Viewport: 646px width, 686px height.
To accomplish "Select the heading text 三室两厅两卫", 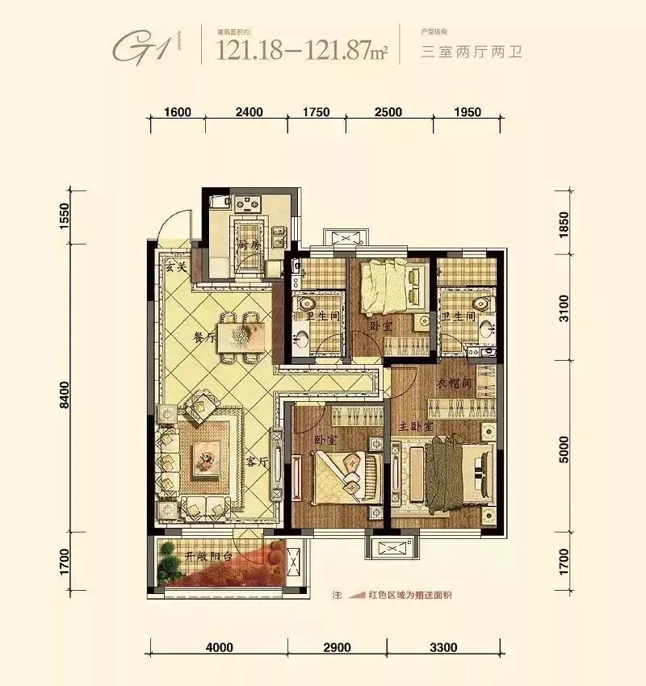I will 472,52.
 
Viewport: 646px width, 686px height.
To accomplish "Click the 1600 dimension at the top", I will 178,112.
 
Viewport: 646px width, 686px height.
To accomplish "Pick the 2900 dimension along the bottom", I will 338,647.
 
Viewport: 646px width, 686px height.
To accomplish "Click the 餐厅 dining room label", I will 204,339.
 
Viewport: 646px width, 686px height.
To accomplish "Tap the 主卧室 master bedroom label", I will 416,425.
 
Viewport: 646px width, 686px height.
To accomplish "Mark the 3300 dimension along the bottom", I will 443,647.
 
